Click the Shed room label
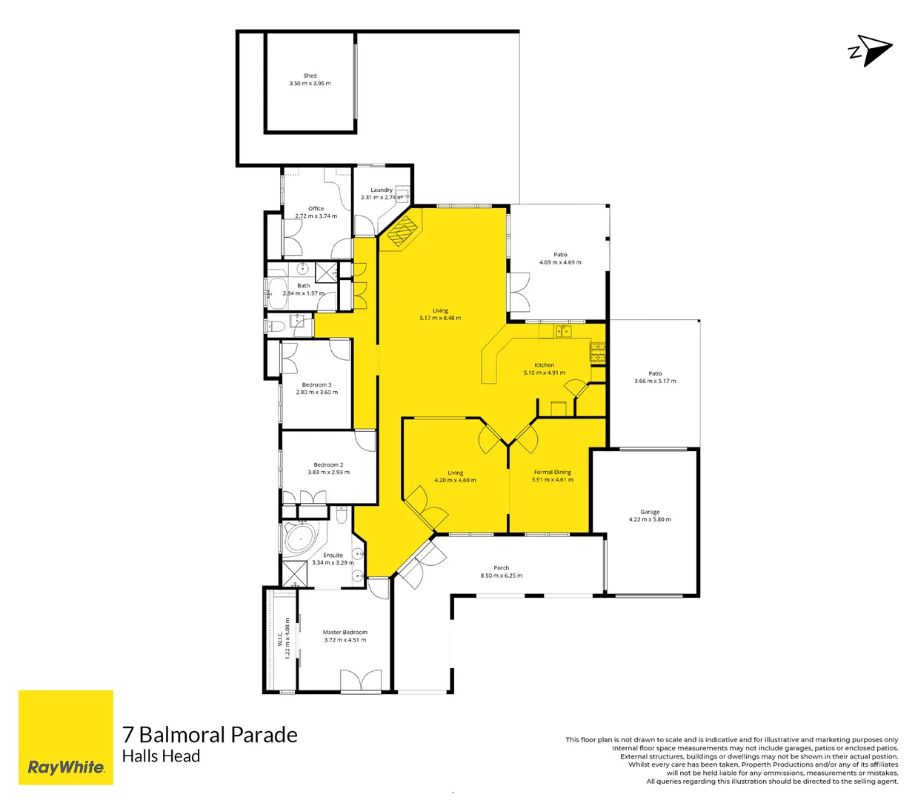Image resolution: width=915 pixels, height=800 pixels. click(310, 76)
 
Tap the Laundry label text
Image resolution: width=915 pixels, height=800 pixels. click(382, 190)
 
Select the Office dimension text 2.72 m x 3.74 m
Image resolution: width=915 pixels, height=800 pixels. click(316, 216)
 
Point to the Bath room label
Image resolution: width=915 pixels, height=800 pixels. click(304, 285)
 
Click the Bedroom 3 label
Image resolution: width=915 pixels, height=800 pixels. click(316, 385)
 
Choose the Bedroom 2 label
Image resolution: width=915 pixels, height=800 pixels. click(328, 465)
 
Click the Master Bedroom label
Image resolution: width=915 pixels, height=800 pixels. click(345, 633)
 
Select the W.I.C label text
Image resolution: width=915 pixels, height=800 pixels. click(280, 639)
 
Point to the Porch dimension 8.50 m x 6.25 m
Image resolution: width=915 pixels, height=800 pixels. click(501, 576)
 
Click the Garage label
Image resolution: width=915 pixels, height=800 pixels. click(650, 512)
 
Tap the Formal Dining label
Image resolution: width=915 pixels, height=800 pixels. click(552, 472)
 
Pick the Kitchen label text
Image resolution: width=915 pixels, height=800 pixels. click(544, 365)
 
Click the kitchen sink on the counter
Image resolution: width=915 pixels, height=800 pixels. click(563, 330)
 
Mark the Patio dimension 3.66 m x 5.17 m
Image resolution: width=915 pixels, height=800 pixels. click(655, 381)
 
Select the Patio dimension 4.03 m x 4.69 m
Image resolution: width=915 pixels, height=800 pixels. click(560, 262)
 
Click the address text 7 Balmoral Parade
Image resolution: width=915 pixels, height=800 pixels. click(210, 735)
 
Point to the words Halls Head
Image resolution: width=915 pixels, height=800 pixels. click(161, 756)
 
